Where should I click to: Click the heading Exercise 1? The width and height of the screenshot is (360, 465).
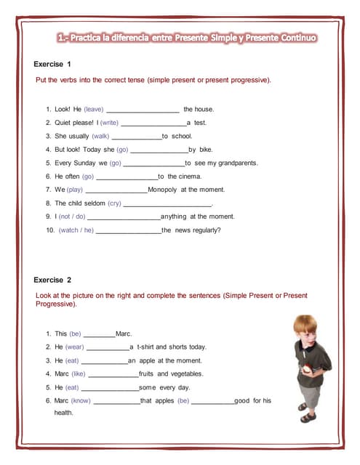(52, 64)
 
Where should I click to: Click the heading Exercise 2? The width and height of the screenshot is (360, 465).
(52, 280)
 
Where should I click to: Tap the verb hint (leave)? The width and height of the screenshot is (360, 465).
(93, 109)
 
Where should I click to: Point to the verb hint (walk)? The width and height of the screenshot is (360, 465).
(100, 136)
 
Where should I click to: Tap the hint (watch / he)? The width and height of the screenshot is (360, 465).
(76, 230)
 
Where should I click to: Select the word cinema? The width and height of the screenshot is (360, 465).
(190, 177)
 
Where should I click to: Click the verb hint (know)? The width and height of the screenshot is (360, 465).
(81, 400)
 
